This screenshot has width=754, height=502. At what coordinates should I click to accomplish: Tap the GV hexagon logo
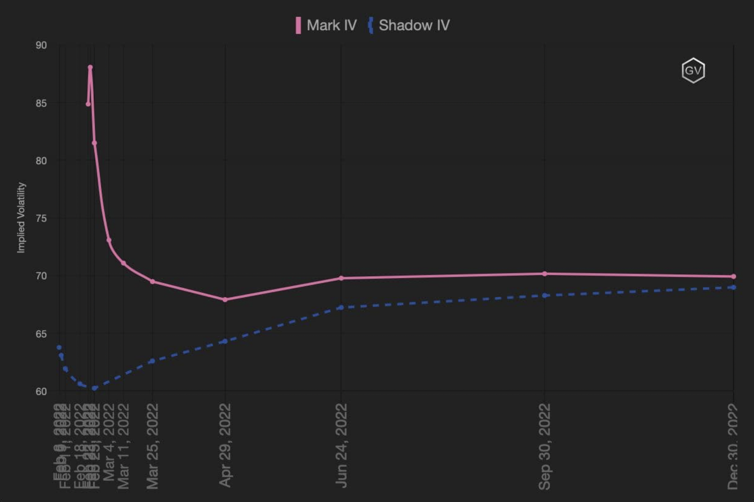click(x=693, y=70)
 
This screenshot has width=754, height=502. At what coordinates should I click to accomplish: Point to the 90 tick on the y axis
click(x=41, y=46)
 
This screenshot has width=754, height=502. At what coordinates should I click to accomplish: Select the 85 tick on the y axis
click(x=41, y=103)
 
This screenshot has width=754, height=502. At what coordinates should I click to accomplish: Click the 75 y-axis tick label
click(x=41, y=219)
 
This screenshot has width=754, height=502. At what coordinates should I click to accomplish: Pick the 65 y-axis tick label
click(x=41, y=334)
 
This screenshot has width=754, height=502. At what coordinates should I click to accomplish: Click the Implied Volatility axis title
click(x=22, y=217)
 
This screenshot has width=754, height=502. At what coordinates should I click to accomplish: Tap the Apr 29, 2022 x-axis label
click(x=225, y=445)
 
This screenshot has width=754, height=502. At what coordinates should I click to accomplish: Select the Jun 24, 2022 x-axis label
click(x=341, y=445)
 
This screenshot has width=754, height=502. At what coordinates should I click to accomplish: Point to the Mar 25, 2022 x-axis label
click(x=153, y=446)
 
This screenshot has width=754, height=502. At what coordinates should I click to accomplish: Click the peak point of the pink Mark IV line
click(x=90, y=67)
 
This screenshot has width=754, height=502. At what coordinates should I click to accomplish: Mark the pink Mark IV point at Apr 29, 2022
click(x=225, y=300)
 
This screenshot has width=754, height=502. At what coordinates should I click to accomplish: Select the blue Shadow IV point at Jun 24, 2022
click(x=341, y=308)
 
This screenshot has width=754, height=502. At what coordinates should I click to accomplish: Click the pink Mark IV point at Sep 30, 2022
click(x=544, y=274)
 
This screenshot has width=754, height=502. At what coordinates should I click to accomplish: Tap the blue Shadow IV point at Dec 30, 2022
click(x=734, y=287)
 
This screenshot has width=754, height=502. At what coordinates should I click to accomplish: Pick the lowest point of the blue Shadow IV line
click(x=94, y=388)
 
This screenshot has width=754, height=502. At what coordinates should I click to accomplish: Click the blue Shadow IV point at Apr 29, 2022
click(x=225, y=341)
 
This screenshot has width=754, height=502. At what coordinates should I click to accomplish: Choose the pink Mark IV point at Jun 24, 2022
click(x=341, y=278)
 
